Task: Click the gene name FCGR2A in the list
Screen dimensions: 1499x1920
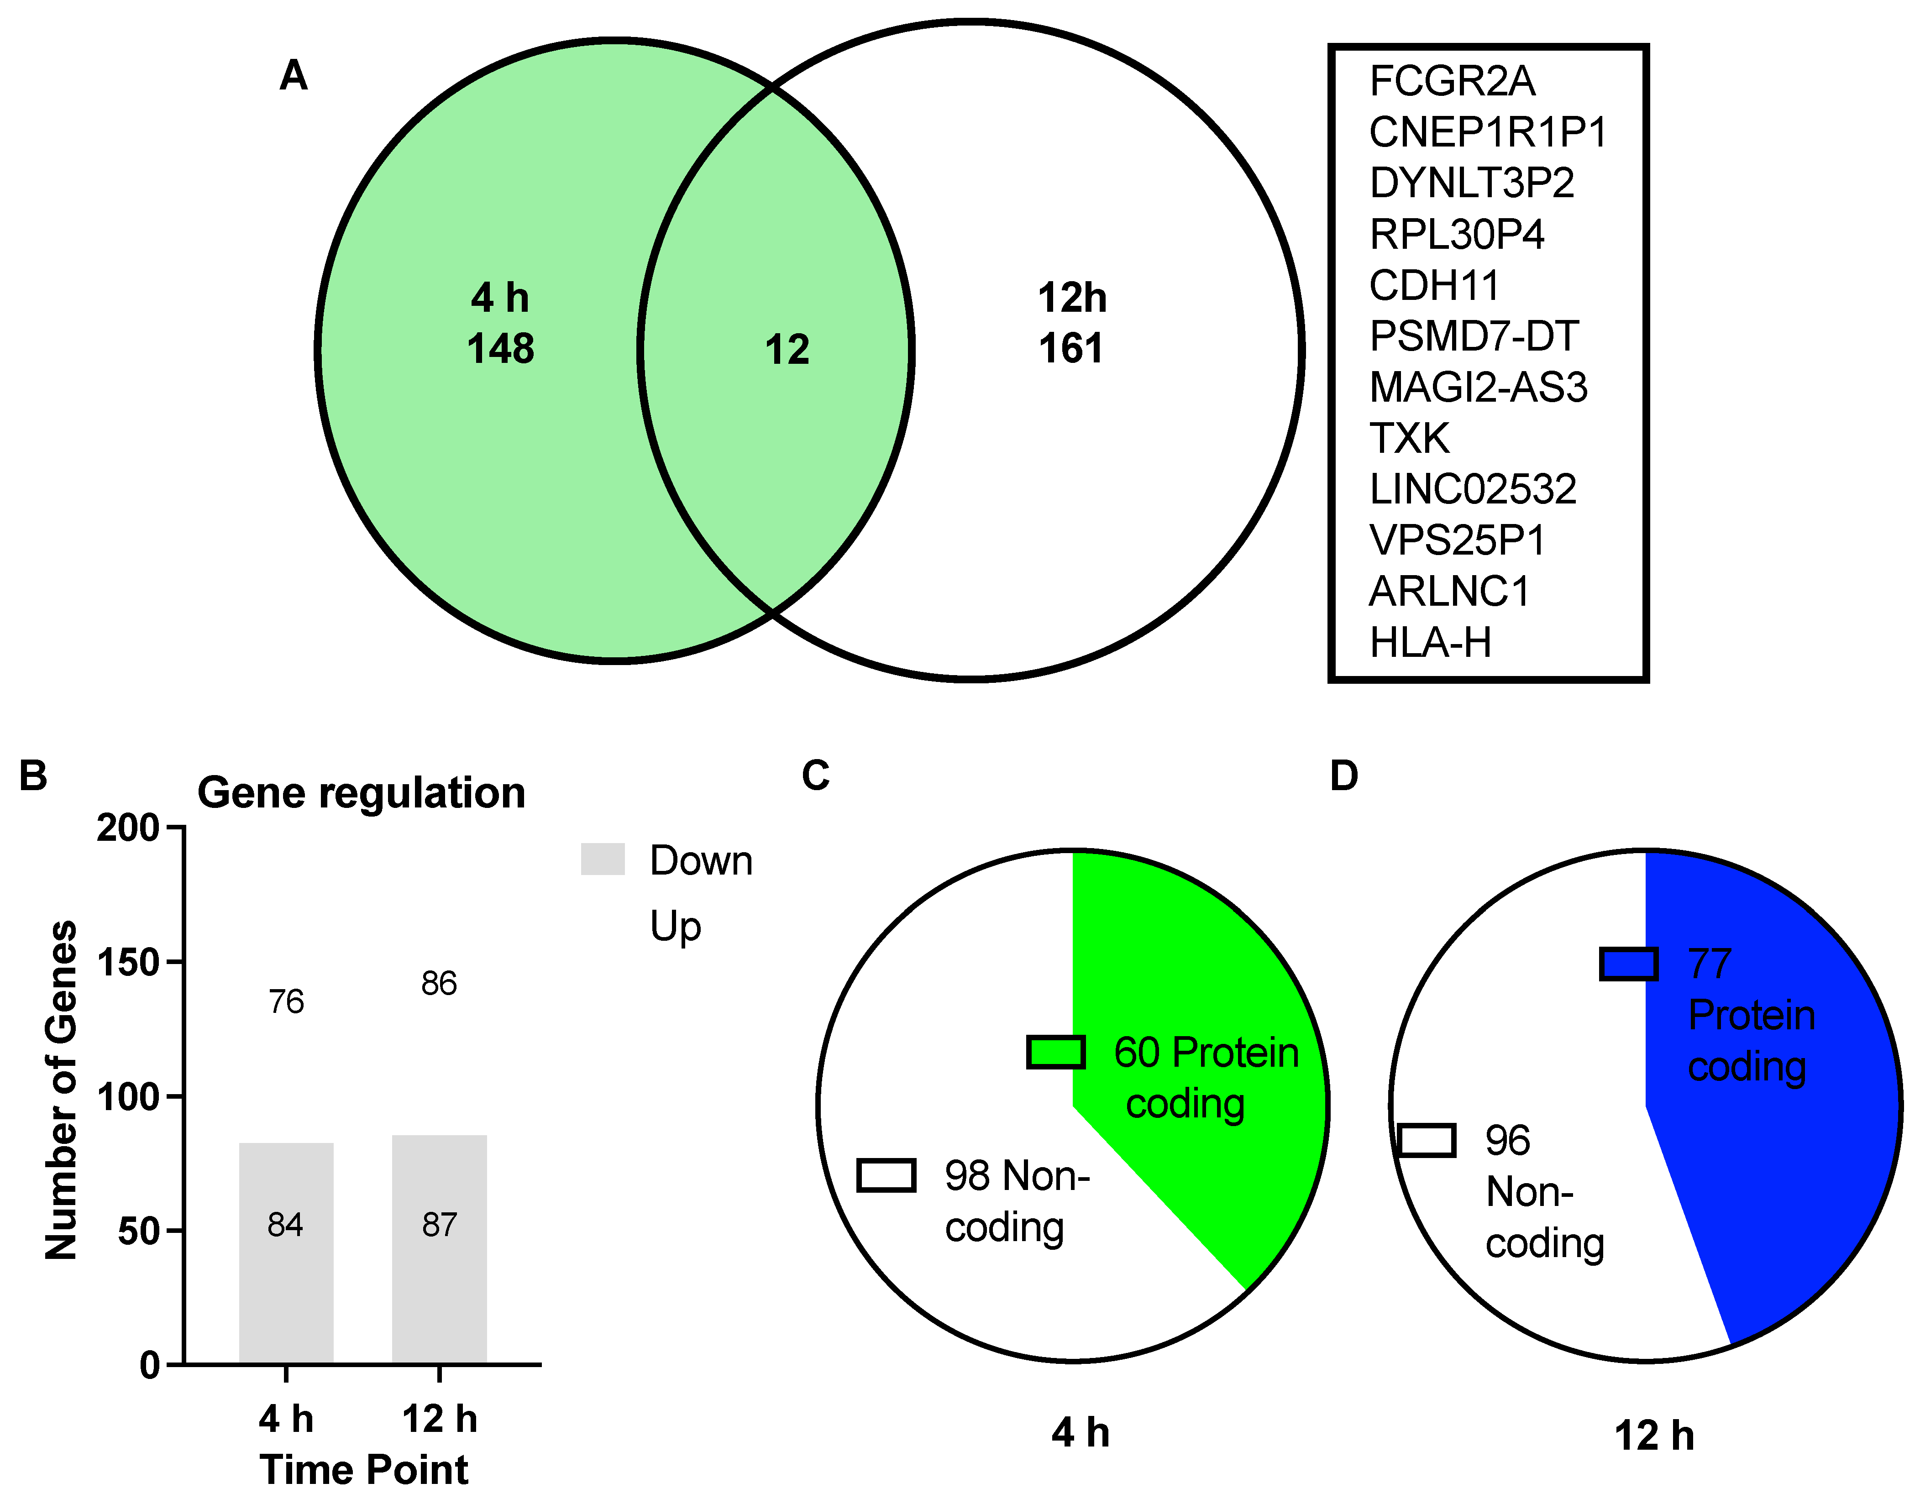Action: [1452, 82]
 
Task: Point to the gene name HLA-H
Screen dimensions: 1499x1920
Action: [1430, 643]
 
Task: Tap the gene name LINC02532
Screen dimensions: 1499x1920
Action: [1473, 490]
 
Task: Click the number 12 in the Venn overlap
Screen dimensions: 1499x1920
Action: [787, 350]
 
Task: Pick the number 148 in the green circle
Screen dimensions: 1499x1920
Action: [500, 349]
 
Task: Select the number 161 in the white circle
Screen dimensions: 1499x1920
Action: [1071, 349]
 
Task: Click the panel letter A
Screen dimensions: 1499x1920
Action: [294, 76]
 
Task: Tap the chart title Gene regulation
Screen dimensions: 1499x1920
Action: [362, 793]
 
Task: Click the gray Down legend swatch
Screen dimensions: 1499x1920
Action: [603, 859]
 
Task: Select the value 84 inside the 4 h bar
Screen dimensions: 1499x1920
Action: [286, 1225]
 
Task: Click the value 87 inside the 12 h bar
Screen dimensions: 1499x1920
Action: [440, 1225]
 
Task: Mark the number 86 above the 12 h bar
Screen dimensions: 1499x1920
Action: [439, 984]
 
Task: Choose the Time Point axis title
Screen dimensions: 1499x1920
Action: [364, 1470]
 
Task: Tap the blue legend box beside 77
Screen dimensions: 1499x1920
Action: [1629, 964]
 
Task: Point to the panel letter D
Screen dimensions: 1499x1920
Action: [1343, 776]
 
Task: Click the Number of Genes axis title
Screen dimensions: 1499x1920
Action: [62, 1090]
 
